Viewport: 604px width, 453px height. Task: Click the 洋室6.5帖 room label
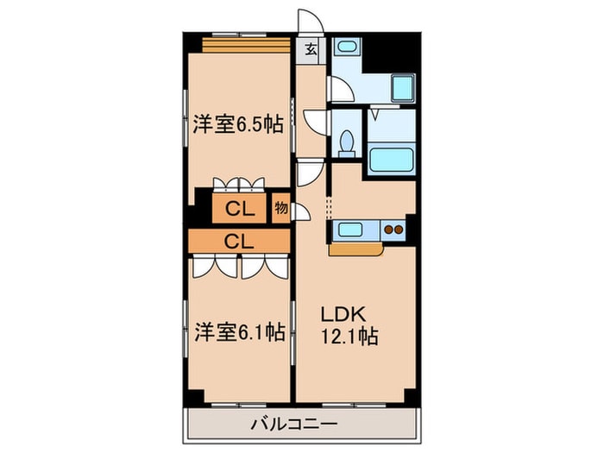pos(237,124)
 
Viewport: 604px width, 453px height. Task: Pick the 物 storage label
pos(280,208)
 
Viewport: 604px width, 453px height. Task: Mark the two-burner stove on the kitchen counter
pos(393,230)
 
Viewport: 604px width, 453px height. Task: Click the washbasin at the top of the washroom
pos(348,47)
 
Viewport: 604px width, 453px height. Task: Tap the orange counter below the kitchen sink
pos(355,249)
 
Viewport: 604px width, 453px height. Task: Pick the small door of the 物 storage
pos(302,212)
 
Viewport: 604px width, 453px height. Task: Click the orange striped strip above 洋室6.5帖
pos(246,45)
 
